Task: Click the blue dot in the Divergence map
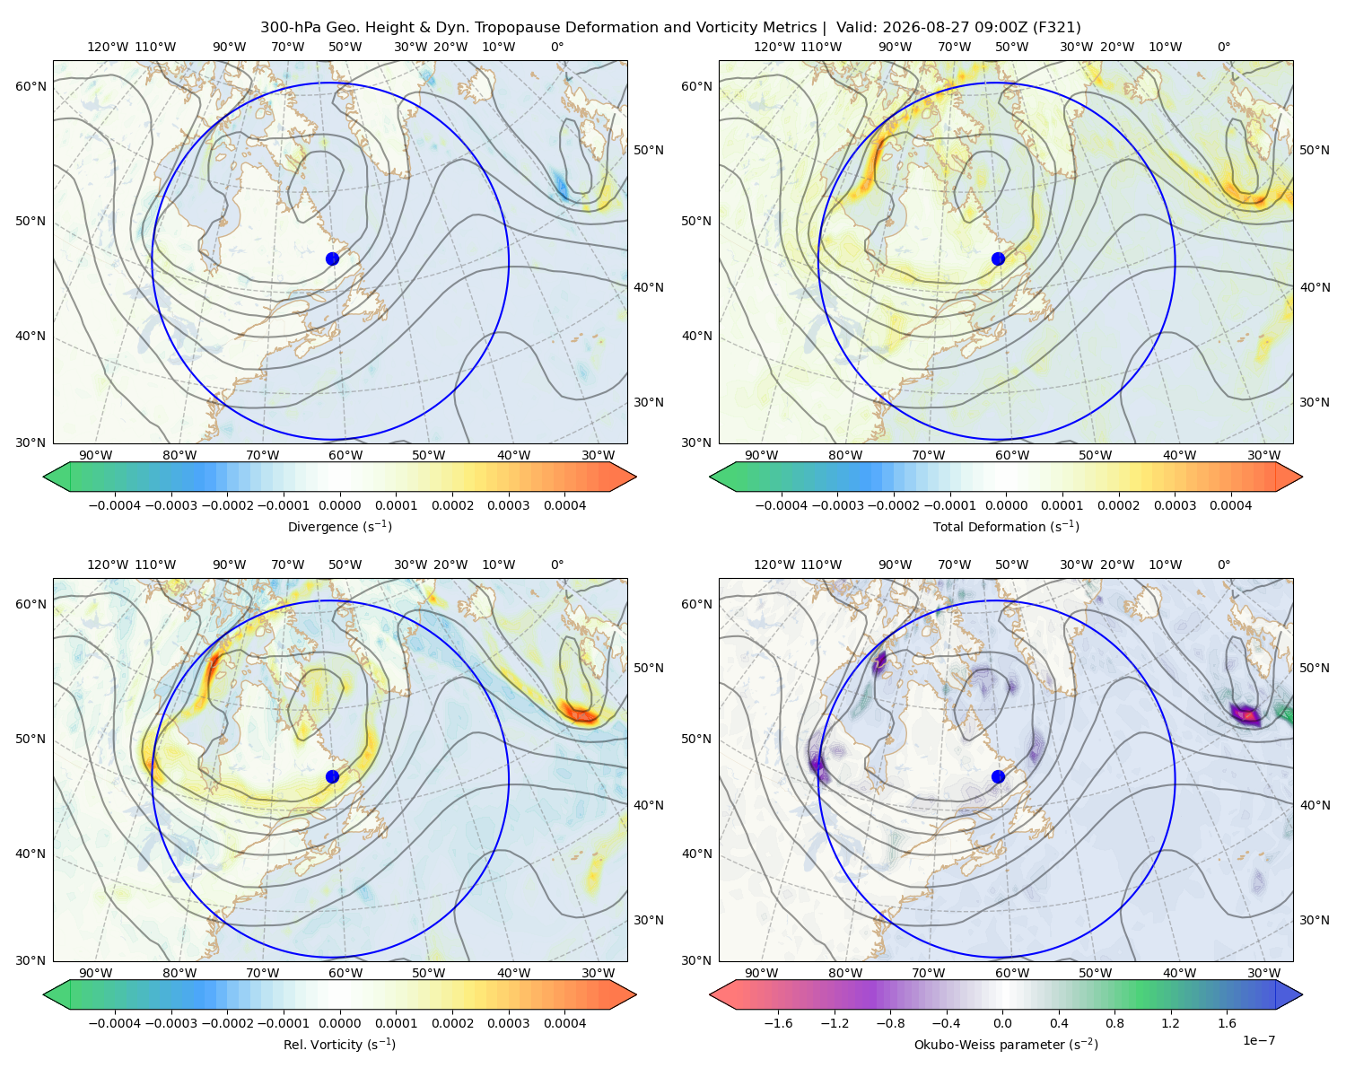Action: [x=332, y=258]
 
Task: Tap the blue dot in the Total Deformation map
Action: [x=998, y=258]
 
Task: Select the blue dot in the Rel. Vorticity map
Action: [x=332, y=776]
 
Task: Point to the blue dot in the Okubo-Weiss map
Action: [x=998, y=776]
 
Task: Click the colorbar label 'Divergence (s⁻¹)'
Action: [x=339, y=526]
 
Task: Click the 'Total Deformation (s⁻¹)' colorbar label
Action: [x=1006, y=526]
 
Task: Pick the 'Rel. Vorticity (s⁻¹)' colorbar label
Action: [x=339, y=1044]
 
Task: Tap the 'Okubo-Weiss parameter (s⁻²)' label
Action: [x=1006, y=1044]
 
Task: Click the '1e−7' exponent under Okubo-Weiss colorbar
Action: [x=1258, y=1040]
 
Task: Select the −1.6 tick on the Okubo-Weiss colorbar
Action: [x=778, y=1023]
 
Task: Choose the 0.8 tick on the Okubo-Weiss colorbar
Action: [x=1114, y=1023]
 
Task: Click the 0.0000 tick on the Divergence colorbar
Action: [x=339, y=505]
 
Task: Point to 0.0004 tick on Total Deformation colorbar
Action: [x=1230, y=505]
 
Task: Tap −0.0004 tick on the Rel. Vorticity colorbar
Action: [x=115, y=1023]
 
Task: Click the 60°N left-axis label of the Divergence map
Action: [x=31, y=86]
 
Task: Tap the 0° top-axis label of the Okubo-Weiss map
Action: [x=1223, y=565]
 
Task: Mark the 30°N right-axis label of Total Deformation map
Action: [x=1314, y=402]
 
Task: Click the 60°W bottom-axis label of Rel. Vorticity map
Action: [x=345, y=973]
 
